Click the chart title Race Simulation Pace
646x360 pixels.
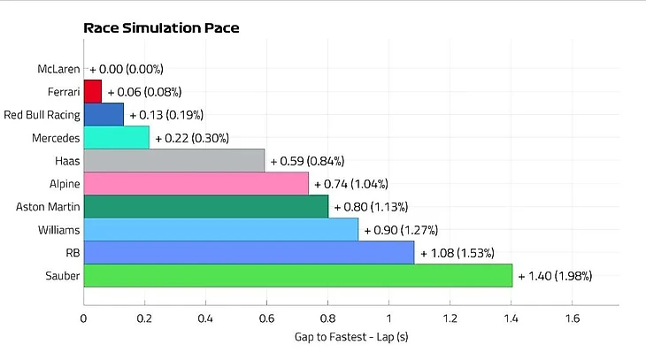(x=161, y=27)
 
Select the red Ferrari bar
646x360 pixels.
(x=93, y=91)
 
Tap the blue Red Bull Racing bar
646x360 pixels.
(x=104, y=114)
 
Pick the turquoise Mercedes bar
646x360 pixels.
(x=117, y=137)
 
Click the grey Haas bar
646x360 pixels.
(x=174, y=160)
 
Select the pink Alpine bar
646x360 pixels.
(x=196, y=183)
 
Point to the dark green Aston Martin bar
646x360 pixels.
(x=206, y=206)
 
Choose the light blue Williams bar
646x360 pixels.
(x=221, y=229)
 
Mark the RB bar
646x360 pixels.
(x=249, y=252)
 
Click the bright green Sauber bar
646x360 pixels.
(x=298, y=275)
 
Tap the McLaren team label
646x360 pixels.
(x=58, y=68)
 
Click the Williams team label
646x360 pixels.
(x=57, y=229)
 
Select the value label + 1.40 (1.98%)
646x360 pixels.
(x=555, y=276)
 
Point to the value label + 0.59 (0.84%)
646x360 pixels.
(x=307, y=161)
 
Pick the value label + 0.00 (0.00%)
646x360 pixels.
(x=127, y=68)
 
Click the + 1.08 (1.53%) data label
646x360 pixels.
(x=457, y=253)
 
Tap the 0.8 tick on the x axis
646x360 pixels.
(x=327, y=318)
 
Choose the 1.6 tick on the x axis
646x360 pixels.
(x=572, y=318)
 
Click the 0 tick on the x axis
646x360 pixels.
(x=84, y=318)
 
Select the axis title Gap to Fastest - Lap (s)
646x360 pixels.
(x=350, y=337)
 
